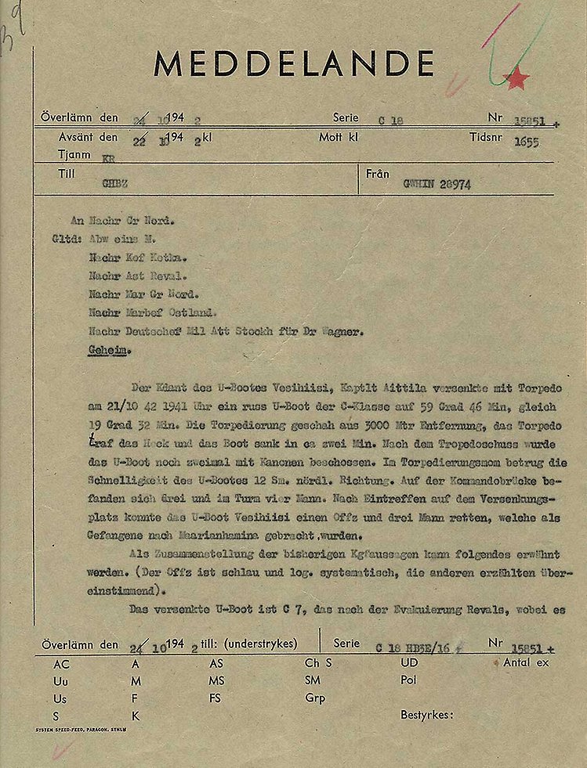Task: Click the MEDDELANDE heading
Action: click(294, 63)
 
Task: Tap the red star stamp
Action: click(516, 78)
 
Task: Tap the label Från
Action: click(378, 173)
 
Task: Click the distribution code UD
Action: click(409, 662)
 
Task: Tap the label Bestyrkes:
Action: click(427, 714)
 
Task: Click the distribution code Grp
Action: click(314, 698)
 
